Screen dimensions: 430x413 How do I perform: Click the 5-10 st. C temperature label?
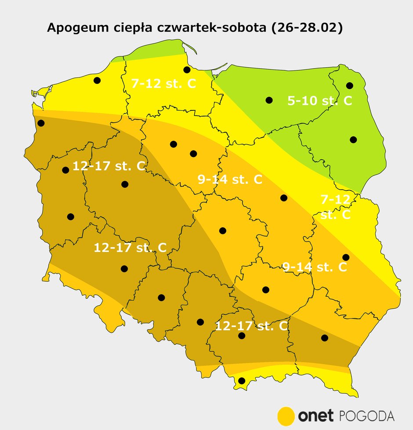click(x=319, y=101)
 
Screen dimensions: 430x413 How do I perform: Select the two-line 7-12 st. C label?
click(x=335, y=208)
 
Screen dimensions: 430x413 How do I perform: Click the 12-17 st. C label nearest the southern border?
click(x=251, y=326)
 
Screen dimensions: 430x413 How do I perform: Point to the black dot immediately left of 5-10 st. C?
click(x=269, y=100)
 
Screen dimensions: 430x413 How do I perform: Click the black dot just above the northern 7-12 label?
click(x=187, y=69)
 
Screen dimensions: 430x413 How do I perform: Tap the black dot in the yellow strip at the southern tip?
click(x=241, y=381)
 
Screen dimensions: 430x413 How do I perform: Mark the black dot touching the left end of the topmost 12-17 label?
click(x=66, y=170)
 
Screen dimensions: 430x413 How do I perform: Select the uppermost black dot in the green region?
click(x=350, y=85)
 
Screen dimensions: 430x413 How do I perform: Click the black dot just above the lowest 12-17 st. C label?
click(x=241, y=336)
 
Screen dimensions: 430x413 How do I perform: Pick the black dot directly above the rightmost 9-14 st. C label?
click(x=346, y=257)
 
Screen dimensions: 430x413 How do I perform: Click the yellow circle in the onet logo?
click(x=286, y=415)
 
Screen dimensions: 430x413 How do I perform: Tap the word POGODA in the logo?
click(x=367, y=415)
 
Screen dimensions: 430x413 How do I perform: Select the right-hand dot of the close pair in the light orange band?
click(x=193, y=153)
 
